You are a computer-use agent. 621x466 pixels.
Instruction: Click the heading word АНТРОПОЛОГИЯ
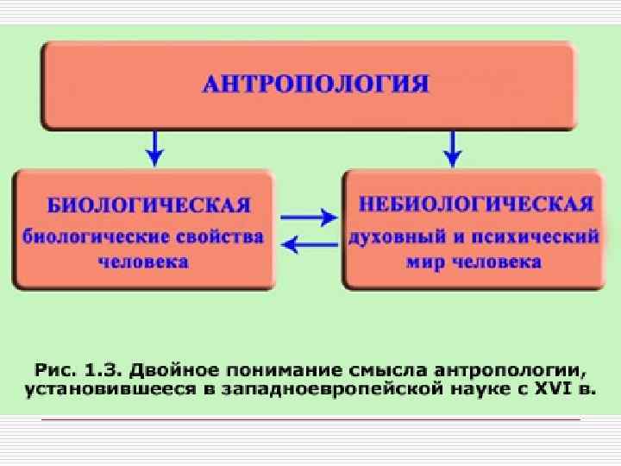[x=315, y=85]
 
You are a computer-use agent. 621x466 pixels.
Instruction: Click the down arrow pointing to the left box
[x=154, y=148]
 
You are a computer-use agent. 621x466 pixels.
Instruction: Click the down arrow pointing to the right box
[x=451, y=148]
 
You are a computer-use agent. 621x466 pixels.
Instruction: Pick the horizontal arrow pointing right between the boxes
[x=308, y=216]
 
